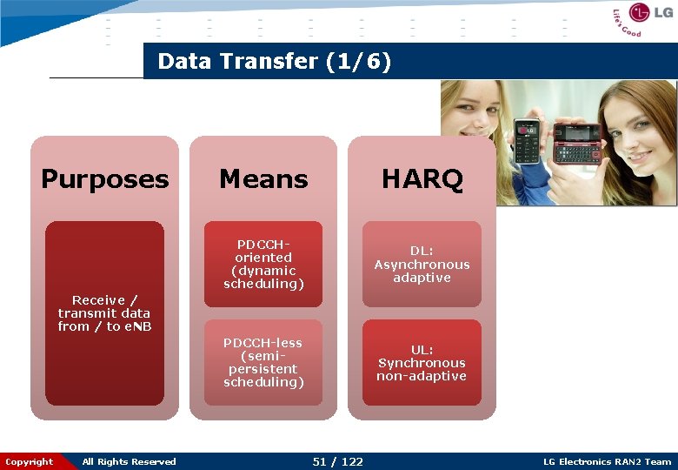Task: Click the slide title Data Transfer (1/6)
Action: [x=275, y=62]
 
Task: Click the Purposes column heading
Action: [x=104, y=179]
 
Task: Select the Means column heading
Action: [x=263, y=179]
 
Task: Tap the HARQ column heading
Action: [x=422, y=179]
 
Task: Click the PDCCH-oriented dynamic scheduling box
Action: [x=263, y=265]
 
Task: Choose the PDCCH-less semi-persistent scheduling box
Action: [x=263, y=362]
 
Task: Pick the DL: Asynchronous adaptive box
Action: [x=422, y=265]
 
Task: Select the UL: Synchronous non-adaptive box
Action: [x=422, y=362]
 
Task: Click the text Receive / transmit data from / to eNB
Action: [x=104, y=313]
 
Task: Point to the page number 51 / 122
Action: [x=338, y=461]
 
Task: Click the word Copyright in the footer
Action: [x=29, y=461]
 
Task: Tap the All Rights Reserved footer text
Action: [x=129, y=461]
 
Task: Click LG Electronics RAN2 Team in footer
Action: [x=607, y=461]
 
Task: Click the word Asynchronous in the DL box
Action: [x=422, y=265]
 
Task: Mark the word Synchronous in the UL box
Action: [x=422, y=363]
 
